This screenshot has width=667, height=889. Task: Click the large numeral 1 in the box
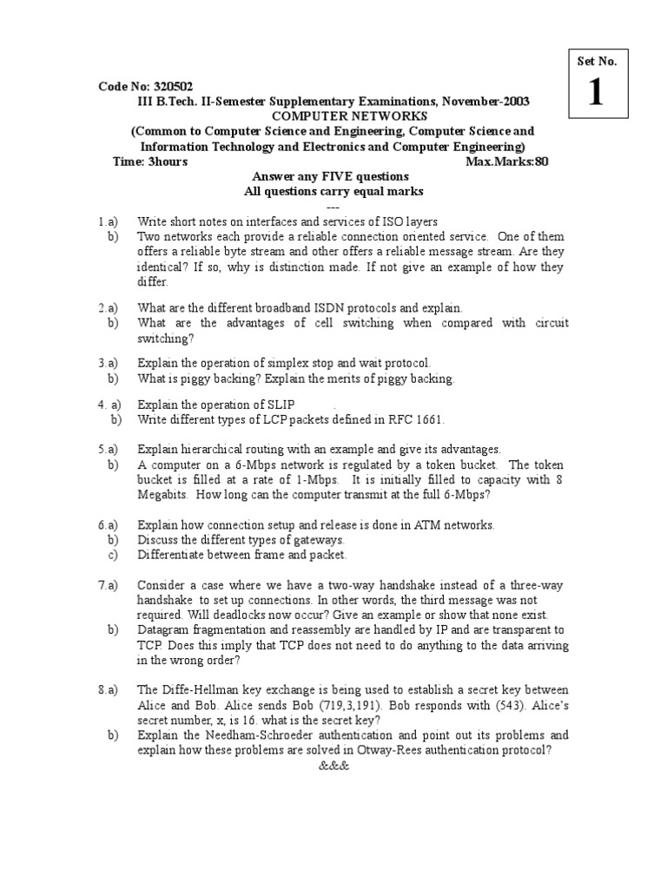[x=595, y=94]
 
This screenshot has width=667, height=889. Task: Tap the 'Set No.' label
[x=596, y=61]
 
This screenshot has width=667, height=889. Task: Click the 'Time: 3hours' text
[x=150, y=161]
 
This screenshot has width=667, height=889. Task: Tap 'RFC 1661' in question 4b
[x=415, y=419]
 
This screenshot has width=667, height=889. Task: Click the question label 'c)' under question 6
[x=112, y=555]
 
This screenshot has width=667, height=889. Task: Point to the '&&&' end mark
[x=333, y=767]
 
